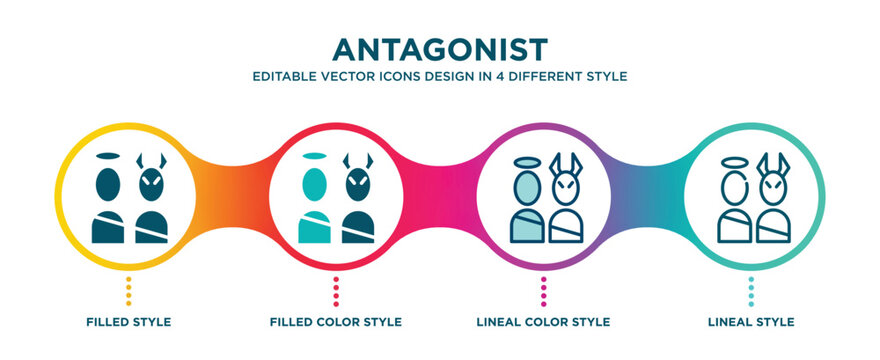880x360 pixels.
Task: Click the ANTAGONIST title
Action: (x=441, y=47)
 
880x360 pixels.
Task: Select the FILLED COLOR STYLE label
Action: (x=336, y=322)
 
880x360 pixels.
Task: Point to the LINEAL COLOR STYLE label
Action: (x=544, y=322)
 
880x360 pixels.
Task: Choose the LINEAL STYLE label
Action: (x=751, y=322)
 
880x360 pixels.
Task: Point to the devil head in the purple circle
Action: (x=566, y=187)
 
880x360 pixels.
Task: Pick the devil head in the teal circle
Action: (x=774, y=187)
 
